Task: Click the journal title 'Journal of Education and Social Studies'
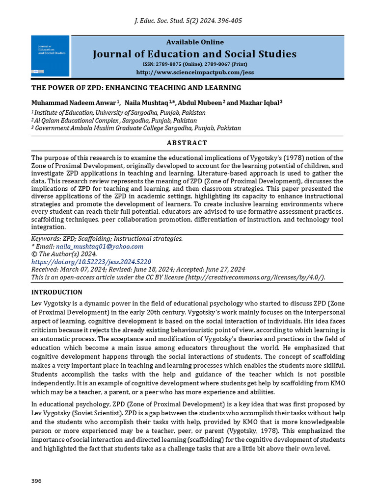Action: click(x=194, y=54)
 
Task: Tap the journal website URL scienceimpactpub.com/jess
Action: click(x=194, y=72)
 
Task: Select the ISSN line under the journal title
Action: click(x=194, y=64)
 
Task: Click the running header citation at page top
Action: click(x=188, y=21)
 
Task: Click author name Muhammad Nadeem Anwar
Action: click(x=74, y=102)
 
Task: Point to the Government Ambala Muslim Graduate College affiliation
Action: click(x=137, y=128)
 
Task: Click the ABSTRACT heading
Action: click(x=188, y=143)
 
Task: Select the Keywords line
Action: click(x=107, y=239)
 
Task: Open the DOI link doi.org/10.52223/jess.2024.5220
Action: click(x=91, y=262)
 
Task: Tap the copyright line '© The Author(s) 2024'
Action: click(x=64, y=254)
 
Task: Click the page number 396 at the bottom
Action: click(x=36, y=481)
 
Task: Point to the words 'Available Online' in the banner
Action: click(x=194, y=42)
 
